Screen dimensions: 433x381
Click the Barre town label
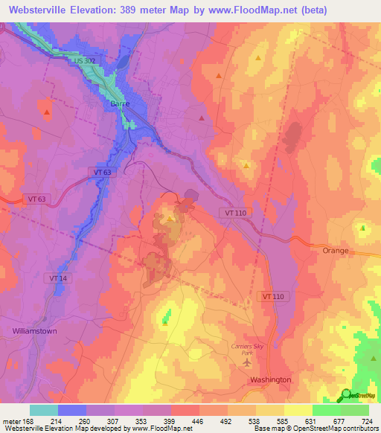120,104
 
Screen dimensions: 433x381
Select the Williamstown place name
34,330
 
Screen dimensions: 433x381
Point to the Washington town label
270,379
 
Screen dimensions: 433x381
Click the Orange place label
335,251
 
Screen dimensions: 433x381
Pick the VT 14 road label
57,278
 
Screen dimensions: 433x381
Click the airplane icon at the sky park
247,362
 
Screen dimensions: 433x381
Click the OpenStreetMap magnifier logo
347,395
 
